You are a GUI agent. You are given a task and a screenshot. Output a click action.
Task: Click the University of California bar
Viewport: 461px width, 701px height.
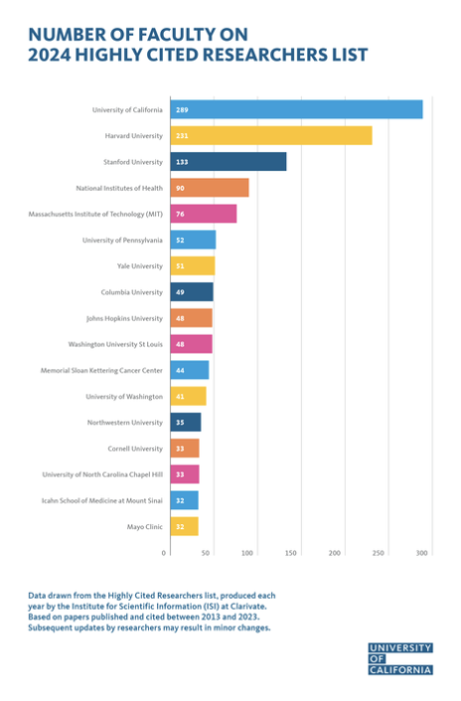click(296, 109)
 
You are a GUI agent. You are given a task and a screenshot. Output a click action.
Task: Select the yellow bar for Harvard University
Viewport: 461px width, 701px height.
click(270, 135)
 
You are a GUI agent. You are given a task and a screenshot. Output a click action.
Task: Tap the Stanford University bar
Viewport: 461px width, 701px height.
click(228, 161)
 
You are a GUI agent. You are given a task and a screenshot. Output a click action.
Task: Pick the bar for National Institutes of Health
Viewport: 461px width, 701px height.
click(209, 188)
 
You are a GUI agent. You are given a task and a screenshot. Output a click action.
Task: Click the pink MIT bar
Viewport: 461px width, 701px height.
click(203, 213)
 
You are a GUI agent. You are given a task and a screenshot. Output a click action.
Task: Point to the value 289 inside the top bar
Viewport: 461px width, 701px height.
click(182, 109)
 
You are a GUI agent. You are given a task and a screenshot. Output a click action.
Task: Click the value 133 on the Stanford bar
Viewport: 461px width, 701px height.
click(182, 161)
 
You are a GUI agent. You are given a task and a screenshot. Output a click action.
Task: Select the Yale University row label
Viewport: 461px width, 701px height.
click(135, 266)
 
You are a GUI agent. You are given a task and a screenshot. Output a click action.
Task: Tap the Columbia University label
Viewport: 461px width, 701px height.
click(131, 292)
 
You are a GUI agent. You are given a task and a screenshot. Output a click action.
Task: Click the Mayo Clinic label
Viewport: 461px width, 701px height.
click(144, 526)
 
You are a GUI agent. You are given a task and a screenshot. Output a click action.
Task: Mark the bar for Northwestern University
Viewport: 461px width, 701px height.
click(185, 422)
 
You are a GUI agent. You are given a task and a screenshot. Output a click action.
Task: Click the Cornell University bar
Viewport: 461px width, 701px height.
click(184, 448)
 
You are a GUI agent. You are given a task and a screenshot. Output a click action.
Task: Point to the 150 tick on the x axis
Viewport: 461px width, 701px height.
click(291, 552)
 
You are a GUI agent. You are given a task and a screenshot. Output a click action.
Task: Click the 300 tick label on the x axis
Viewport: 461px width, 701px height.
click(422, 552)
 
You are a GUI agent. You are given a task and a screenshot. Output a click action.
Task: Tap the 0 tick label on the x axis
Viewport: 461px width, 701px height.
click(164, 552)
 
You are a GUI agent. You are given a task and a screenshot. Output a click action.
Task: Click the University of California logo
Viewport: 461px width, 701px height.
click(399, 658)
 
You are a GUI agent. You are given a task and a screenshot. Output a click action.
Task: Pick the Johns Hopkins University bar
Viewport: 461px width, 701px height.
click(191, 318)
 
